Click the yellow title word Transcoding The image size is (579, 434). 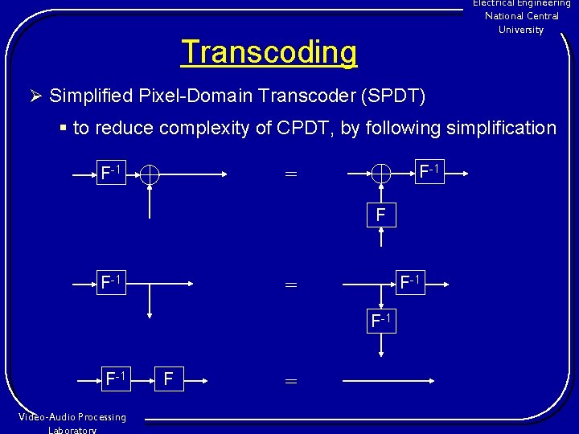click(269, 52)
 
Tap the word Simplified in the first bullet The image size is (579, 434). click(88, 96)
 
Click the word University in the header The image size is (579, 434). click(521, 30)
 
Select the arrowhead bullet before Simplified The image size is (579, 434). click(35, 96)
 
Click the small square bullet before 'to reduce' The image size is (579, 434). click(63, 128)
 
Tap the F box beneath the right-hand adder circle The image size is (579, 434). click(381, 215)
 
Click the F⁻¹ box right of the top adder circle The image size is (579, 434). click(428, 171)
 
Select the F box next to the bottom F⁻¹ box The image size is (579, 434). click(167, 378)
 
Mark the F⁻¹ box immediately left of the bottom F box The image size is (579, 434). click(117, 378)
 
